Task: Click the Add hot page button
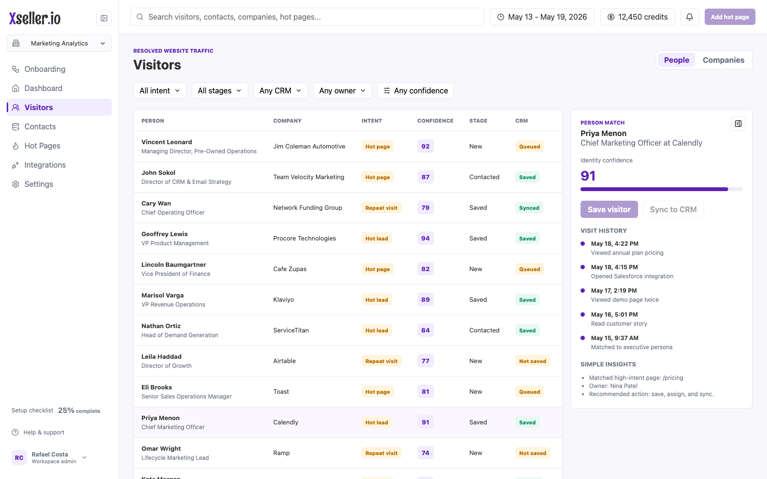pos(730,17)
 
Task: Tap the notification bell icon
pos(690,17)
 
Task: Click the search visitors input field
pos(307,17)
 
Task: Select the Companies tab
pos(723,60)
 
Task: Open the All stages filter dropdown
pos(220,91)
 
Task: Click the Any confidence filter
pos(415,91)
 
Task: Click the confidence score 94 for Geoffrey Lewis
pos(425,238)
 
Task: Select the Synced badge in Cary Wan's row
pos(529,208)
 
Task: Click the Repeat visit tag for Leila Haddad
pos(382,361)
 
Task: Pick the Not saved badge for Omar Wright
pos(533,453)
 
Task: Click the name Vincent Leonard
pos(167,142)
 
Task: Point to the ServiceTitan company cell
pos(291,330)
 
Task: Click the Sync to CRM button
pos(673,209)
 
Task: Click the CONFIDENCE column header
pos(435,121)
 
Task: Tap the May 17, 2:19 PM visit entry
pos(614,290)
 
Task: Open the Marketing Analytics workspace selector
pos(59,43)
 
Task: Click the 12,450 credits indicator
pos(638,17)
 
